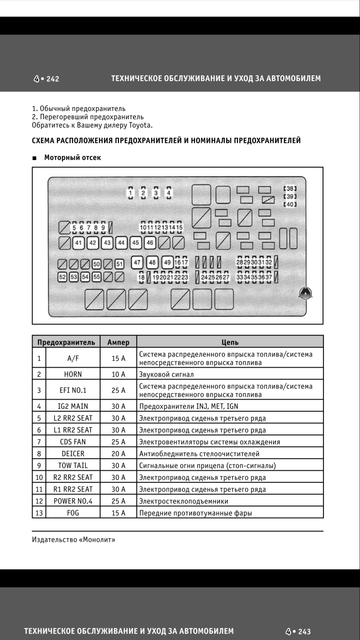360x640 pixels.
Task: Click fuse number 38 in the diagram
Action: (290, 189)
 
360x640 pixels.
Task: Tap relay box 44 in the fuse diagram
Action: (121, 243)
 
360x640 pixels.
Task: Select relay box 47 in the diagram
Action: (137, 262)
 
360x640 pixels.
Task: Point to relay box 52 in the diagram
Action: (62, 277)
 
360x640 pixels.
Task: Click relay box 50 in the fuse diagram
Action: (97, 264)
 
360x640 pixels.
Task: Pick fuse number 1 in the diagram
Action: (131, 193)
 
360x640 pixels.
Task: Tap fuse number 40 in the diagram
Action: (290, 204)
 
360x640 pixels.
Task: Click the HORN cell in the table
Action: (73, 374)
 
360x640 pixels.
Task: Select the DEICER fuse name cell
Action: (73, 454)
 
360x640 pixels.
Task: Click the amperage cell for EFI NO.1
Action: (118, 390)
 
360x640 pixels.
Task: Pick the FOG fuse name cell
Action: (73, 513)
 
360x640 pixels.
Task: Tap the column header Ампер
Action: (118, 342)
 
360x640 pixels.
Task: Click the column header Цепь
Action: (230, 342)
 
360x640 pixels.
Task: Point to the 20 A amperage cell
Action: (118, 454)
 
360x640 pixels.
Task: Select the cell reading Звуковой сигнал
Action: (166, 374)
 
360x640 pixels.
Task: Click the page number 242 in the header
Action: (53, 79)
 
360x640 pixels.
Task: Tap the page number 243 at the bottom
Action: (304, 632)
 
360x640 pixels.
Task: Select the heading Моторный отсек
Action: (72, 158)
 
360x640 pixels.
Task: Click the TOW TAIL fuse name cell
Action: (73, 466)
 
